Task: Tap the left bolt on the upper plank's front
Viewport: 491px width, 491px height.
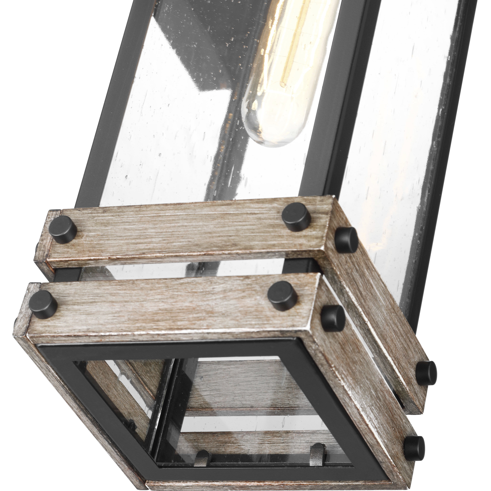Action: pyautogui.click(x=63, y=229)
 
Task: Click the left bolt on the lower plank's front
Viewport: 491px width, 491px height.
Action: pyautogui.click(x=43, y=304)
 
